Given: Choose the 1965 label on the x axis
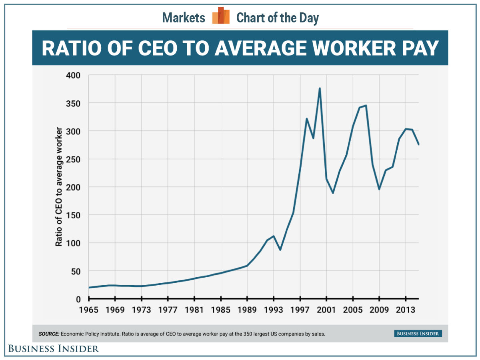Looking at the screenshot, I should coord(89,310).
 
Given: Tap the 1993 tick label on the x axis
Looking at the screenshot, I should coord(274,310).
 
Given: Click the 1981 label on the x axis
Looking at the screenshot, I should coord(194,310).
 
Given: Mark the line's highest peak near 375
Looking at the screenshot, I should coord(320,88).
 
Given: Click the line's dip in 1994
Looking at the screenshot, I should coord(280,250).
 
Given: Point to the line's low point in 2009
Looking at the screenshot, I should coord(379,189).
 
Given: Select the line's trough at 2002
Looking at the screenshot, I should coord(333,193).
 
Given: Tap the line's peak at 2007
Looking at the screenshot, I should coord(366,106).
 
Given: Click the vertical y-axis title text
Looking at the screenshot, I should coord(59,187).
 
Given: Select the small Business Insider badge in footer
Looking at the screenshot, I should coord(418,333).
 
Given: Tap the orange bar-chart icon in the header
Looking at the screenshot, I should coord(221,16).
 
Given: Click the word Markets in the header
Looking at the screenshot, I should coord(184,18).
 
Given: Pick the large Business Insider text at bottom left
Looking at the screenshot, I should coord(54,349).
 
